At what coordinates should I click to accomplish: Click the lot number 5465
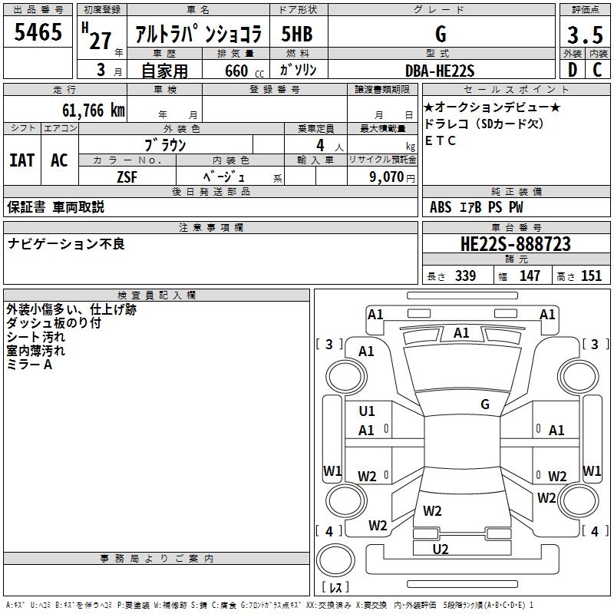(x=38, y=32)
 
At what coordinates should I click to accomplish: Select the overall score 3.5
(x=585, y=35)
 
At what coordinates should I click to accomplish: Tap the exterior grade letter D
(x=573, y=70)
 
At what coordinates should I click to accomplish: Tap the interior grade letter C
(x=597, y=70)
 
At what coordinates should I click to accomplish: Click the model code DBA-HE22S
(x=440, y=71)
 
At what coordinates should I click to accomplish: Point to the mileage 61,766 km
(x=94, y=111)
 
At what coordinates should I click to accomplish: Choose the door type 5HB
(x=297, y=34)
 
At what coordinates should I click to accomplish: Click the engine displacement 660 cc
(x=244, y=71)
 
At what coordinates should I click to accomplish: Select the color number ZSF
(x=127, y=177)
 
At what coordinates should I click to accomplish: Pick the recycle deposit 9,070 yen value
(x=391, y=177)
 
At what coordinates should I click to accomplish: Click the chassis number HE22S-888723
(x=516, y=244)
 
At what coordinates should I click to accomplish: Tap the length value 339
(x=465, y=276)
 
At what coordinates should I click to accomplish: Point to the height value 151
(x=591, y=276)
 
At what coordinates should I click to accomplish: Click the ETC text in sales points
(x=440, y=140)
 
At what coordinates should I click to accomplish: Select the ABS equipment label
(x=441, y=207)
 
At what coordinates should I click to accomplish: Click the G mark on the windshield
(x=485, y=404)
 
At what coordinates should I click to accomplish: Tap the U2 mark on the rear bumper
(x=441, y=549)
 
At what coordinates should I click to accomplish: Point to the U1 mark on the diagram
(x=367, y=411)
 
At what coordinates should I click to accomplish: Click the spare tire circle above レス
(x=335, y=560)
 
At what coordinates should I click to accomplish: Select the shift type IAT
(x=22, y=160)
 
